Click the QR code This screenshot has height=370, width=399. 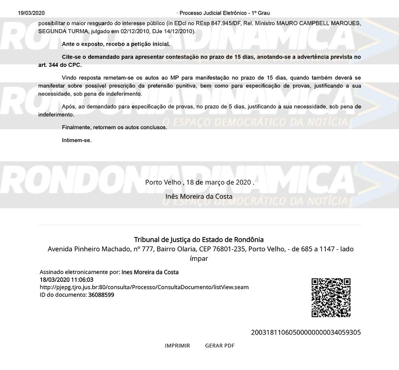(331, 298)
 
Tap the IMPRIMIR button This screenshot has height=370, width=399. (177, 345)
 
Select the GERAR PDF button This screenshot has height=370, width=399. (220, 345)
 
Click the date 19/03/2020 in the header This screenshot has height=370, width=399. (31, 13)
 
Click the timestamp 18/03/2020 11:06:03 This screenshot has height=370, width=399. (66, 280)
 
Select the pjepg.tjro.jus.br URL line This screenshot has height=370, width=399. (144, 287)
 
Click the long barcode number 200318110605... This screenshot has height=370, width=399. (306, 332)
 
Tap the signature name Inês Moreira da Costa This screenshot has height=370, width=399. (199, 196)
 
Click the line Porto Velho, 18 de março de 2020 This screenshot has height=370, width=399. (199, 182)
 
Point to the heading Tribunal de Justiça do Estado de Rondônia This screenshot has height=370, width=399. (199, 239)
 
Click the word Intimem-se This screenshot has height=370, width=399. (77, 140)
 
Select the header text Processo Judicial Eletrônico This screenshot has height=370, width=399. (224, 13)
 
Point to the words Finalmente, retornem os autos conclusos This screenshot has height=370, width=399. (114, 127)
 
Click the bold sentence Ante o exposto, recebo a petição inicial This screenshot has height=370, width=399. (116, 44)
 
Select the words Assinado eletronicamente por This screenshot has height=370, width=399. (79, 272)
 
